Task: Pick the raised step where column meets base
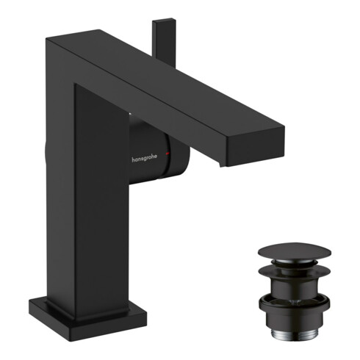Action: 81,297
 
